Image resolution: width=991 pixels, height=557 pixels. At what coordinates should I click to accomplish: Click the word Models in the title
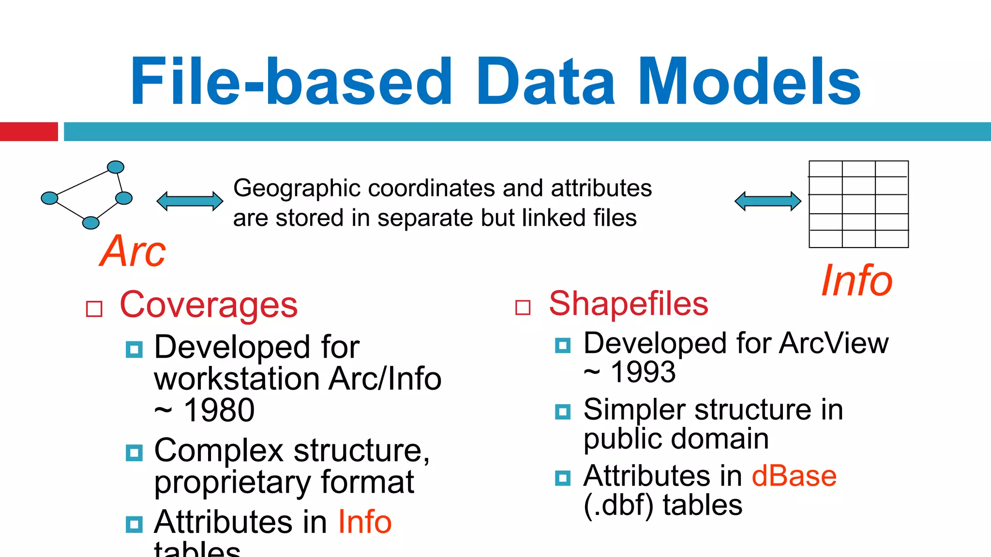click(x=750, y=81)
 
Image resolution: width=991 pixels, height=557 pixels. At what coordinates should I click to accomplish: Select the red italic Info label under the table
click(x=856, y=281)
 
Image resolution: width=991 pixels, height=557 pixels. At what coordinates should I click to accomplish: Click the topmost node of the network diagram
click(x=116, y=167)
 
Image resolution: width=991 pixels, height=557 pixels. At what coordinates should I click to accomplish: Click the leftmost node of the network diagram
click(x=49, y=198)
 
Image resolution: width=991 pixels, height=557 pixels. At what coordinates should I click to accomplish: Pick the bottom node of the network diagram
click(x=90, y=223)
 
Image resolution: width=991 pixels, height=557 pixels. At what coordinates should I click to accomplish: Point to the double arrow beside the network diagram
click(x=190, y=201)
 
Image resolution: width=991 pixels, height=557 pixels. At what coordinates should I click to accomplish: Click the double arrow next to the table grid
click(x=767, y=201)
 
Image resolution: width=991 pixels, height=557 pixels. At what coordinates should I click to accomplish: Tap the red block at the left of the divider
click(x=29, y=132)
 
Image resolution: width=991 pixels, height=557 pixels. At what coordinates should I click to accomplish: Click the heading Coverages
click(x=209, y=305)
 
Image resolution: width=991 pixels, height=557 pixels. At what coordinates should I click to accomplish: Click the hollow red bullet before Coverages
click(x=94, y=308)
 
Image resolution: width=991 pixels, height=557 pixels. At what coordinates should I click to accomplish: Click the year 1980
click(x=219, y=410)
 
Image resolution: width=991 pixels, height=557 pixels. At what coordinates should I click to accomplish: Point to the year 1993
click(x=643, y=372)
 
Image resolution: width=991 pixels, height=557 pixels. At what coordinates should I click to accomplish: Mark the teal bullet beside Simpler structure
click(x=562, y=412)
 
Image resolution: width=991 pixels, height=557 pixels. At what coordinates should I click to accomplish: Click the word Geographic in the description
click(x=297, y=188)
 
